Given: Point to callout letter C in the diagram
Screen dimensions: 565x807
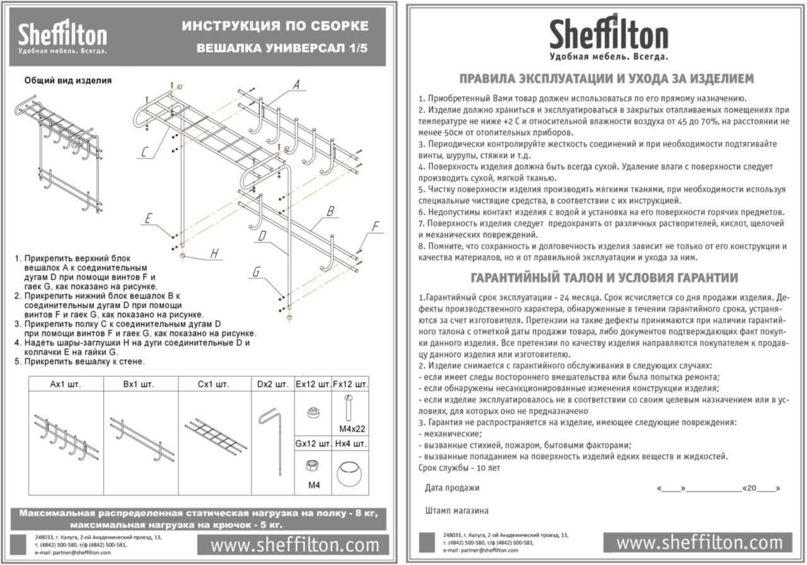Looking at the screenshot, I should [144, 152].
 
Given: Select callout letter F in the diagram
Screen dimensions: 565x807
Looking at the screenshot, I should [376, 227].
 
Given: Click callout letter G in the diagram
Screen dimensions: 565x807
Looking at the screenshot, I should [256, 271].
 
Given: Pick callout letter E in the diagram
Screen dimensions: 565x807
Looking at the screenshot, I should [148, 218].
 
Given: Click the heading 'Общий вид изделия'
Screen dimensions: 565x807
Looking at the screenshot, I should [68, 80].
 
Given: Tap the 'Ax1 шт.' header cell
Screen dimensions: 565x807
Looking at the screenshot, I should [66, 384].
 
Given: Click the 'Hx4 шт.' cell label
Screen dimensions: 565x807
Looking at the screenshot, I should [350, 444].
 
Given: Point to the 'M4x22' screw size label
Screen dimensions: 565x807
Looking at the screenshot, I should [351, 429].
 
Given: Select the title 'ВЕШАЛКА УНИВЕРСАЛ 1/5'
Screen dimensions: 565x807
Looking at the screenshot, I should [282, 48].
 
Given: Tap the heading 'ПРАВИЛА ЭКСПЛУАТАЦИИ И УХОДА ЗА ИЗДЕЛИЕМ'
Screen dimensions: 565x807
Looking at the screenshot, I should [607, 79].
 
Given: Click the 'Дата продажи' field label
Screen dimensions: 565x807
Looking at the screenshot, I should [452, 487].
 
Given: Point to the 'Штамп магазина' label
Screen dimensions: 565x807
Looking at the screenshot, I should [456, 510].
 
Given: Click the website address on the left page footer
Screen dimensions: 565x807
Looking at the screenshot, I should [295, 545].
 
